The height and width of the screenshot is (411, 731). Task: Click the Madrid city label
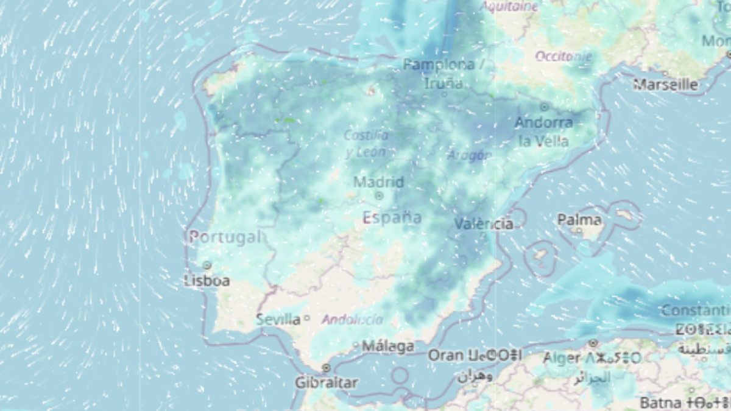(x=378, y=182)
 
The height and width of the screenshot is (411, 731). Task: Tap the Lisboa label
(x=207, y=281)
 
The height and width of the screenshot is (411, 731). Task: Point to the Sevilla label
(x=278, y=319)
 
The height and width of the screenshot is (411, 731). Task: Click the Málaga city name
(x=388, y=346)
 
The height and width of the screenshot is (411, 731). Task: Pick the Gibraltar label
(x=327, y=383)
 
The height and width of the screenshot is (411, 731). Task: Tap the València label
(x=484, y=224)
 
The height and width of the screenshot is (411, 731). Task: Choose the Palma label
(x=579, y=220)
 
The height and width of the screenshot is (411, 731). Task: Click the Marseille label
(x=665, y=85)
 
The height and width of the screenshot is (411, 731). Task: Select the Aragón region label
(x=469, y=155)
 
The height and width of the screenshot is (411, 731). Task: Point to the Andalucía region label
(x=353, y=320)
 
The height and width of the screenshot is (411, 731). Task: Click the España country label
(x=392, y=217)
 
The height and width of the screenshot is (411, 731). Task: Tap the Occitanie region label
(x=563, y=57)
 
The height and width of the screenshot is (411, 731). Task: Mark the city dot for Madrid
(x=379, y=195)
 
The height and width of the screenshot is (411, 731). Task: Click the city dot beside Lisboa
(x=207, y=265)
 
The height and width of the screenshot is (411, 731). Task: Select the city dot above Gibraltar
(x=327, y=368)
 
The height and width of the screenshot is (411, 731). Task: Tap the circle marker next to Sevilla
(x=307, y=318)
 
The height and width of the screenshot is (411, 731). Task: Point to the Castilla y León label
(x=366, y=144)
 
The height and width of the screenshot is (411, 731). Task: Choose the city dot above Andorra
(x=544, y=107)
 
